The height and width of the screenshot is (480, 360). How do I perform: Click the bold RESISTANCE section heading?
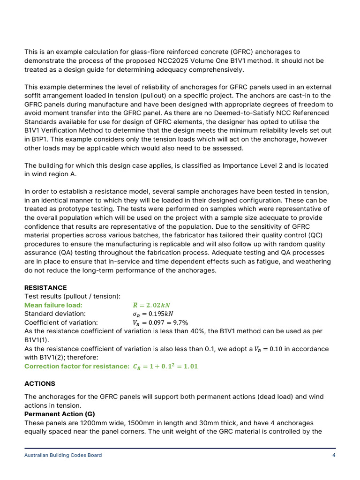[x=45, y=287]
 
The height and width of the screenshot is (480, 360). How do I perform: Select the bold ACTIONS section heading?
[x=40, y=383]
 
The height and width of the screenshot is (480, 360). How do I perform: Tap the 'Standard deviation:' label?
[x=55, y=314]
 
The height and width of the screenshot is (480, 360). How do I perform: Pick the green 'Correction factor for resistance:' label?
[x=77, y=366]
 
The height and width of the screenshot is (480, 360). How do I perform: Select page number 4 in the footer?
[x=333, y=455]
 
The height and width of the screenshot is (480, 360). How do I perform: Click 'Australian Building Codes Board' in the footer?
[x=63, y=455]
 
